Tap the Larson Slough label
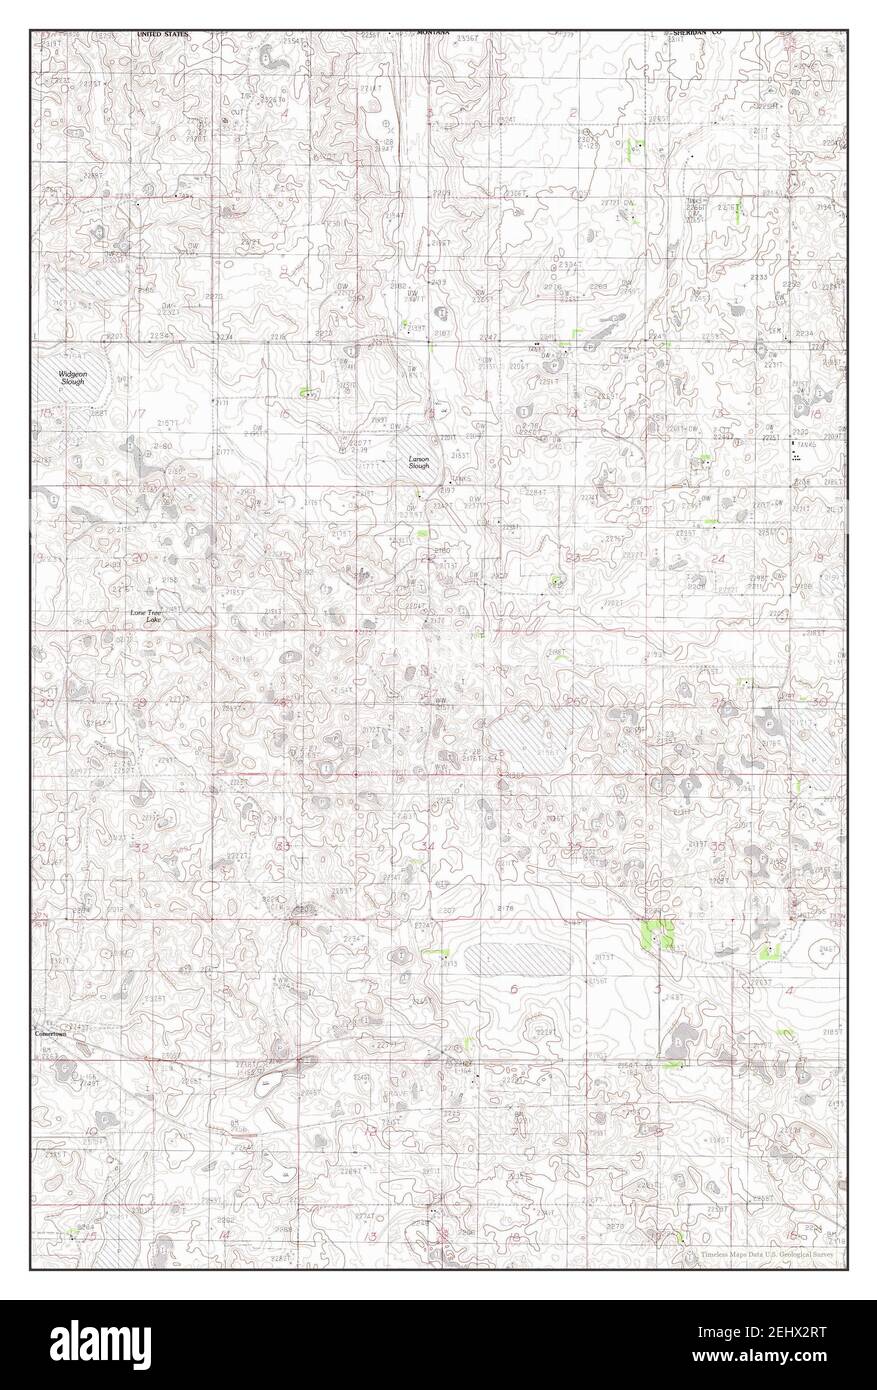point(418,463)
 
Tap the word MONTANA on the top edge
point(433,33)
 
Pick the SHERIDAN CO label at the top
point(702,33)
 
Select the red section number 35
point(574,848)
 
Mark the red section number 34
point(428,847)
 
